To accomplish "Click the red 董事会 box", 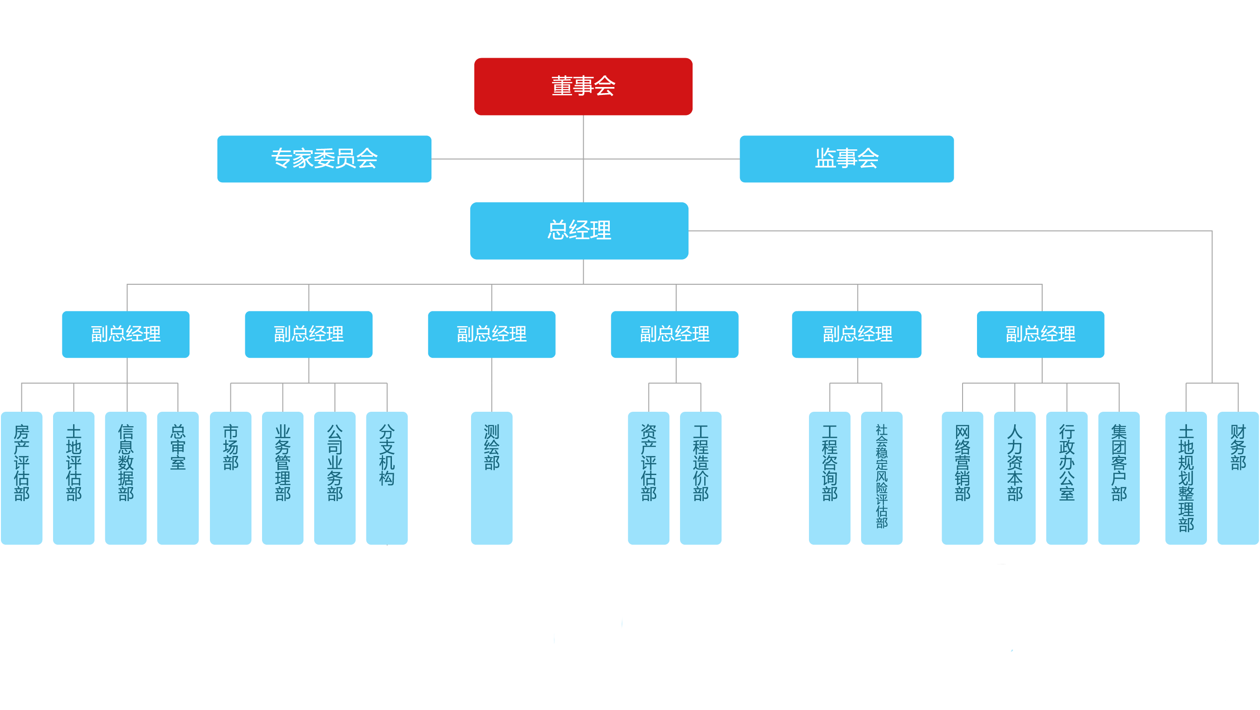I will tap(583, 87).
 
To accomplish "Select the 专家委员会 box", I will tap(324, 159).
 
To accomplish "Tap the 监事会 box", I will tap(846, 159).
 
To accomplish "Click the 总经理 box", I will tap(579, 230).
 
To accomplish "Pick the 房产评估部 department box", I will tap(21, 478).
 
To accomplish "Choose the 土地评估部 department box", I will tap(74, 478).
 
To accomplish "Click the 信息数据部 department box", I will tap(126, 478).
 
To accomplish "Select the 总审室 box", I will tap(177, 478).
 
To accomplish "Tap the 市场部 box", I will tap(230, 478).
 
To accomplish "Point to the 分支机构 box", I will tap(386, 478).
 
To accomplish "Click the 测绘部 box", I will tap(492, 478).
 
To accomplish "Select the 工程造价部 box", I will tap(701, 478).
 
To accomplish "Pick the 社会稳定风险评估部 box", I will tap(882, 478).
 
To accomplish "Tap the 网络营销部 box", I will tap(962, 478).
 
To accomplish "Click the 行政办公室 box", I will tap(1066, 478).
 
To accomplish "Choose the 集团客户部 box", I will tap(1119, 478).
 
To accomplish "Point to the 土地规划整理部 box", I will tap(1186, 478).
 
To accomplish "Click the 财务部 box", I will tap(1238, 478).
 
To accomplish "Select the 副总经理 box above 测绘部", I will tap(492, 335).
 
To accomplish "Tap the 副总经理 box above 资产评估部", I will tap(674, 335).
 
